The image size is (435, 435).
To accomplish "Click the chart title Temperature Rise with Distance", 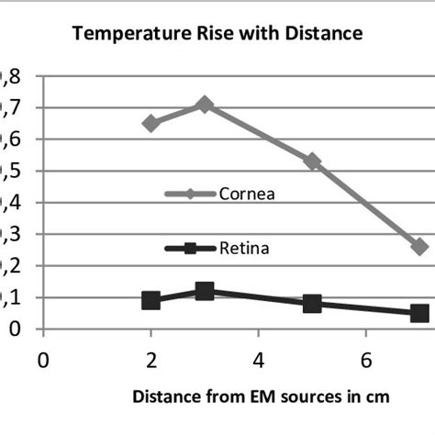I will click(217, 33).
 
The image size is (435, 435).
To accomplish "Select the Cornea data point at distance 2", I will click(151, 123).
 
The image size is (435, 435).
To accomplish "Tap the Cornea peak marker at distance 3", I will click(205, 105).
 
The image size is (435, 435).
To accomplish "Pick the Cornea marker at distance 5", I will click(312, 162).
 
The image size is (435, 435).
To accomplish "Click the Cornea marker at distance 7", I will click(419, 247).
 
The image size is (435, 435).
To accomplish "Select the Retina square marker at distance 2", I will click(151, 300).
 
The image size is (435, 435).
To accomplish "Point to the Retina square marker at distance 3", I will click(205, 291).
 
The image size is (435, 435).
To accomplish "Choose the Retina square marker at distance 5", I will click(312, 303).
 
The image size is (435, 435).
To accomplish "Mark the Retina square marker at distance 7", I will click(419, 313).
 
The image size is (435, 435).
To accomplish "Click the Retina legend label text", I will click(243, 248).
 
